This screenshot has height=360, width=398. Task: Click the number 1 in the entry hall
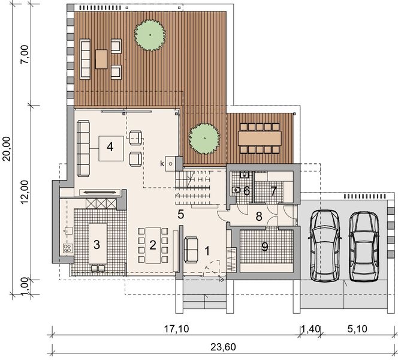pyautogui.click(x=207, y=251)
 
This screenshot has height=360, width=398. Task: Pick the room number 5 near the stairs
pyautogui.click(x=180, y=213)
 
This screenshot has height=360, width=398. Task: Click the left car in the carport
pyautogui.click(x=324, y=246)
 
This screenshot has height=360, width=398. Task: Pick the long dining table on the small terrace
pyautogui.click(x=260, y=138)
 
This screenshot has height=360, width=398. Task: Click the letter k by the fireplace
pyautogui.click(x=162, y=163)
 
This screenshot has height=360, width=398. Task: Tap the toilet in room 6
pyautogui.click(x=237, y=191)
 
